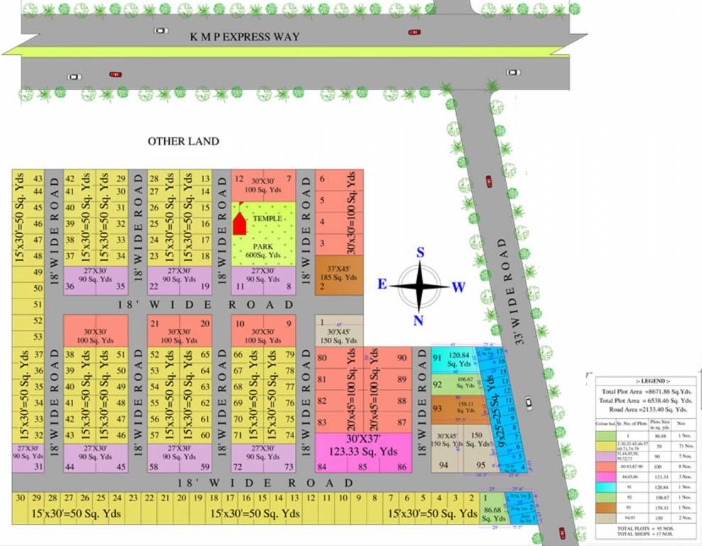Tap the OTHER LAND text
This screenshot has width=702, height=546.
(183, 141)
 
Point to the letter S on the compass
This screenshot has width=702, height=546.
(420, 253)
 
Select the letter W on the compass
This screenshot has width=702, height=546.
(458, 287)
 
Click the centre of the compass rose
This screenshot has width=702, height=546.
(419, 287)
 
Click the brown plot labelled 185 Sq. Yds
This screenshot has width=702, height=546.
(339, 275)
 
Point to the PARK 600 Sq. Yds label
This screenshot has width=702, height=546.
(263, 251)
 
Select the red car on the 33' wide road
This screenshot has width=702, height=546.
(489, 181)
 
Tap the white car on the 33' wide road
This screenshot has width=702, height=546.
(529, 402)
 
